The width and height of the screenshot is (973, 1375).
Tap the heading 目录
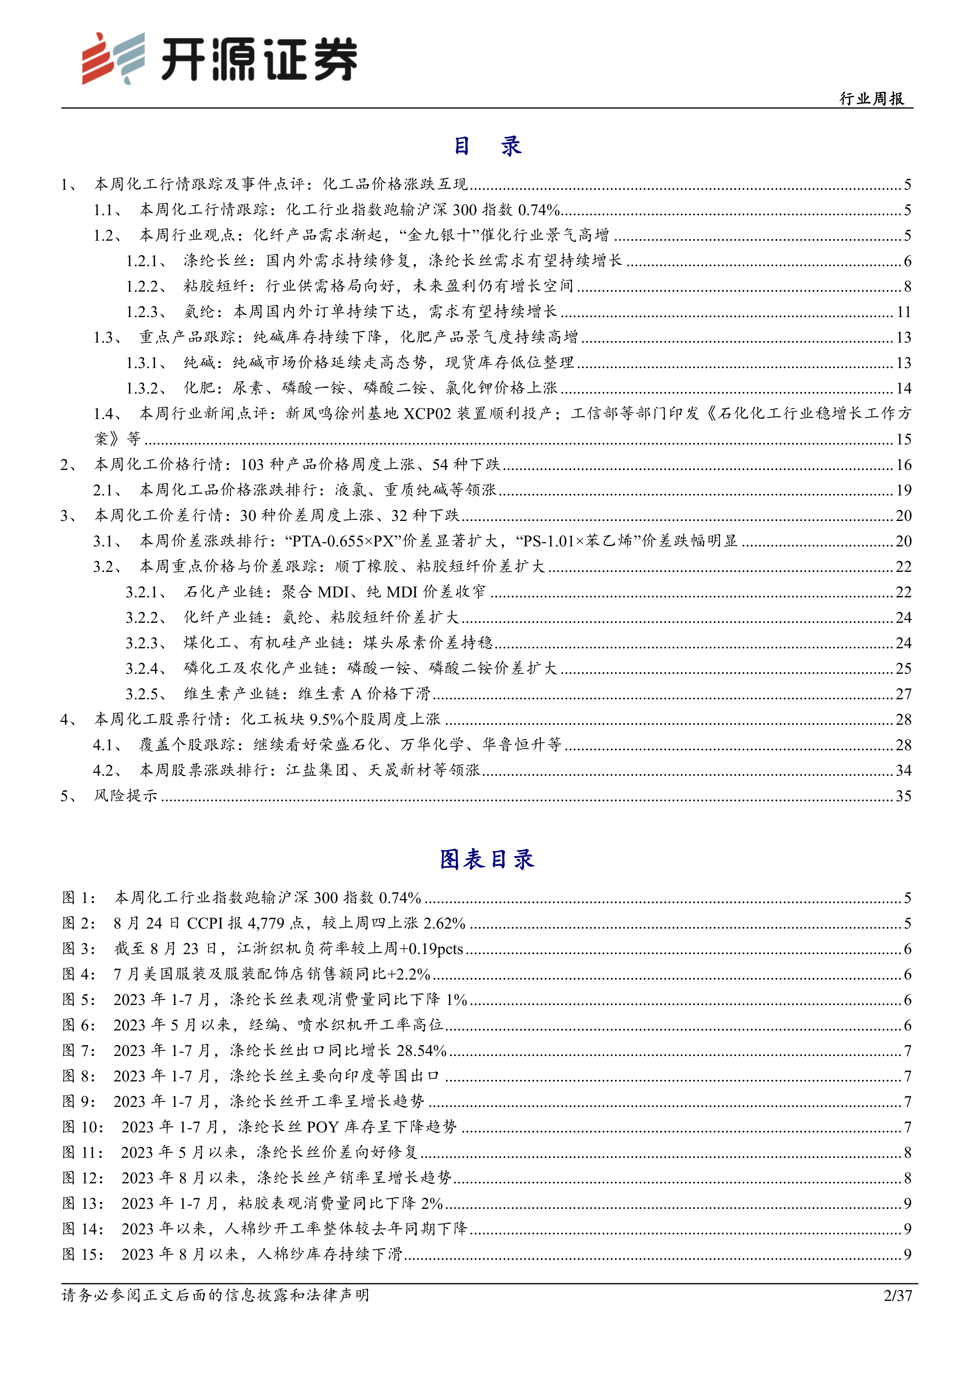tap(486, 146)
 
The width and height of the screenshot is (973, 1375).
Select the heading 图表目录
tap(486, 859)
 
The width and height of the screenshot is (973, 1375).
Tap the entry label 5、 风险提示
tap(109, 795)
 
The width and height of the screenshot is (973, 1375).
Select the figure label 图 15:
tap(83, 1254)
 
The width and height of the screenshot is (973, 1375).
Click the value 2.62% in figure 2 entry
tap(444, 923)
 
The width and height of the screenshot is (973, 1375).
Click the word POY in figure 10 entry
tap(322, 1127)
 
